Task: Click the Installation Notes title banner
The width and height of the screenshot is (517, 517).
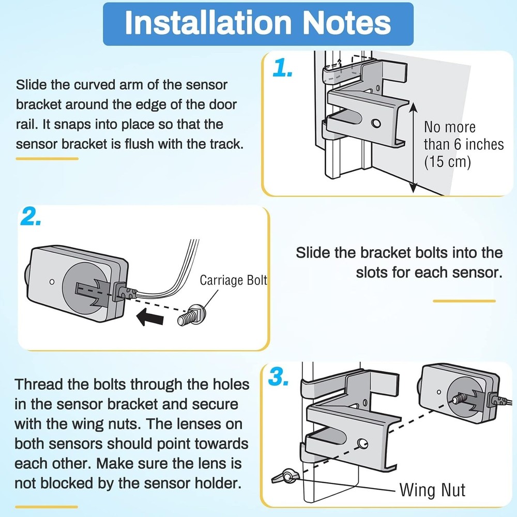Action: tap(258, 24)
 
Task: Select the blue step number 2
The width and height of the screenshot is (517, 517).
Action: tap(32, 218)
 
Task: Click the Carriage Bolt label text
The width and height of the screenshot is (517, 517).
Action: tap(234, 280)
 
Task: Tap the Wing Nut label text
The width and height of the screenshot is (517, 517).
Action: tap(432, 490)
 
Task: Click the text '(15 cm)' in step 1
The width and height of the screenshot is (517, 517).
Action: tap(447, 162)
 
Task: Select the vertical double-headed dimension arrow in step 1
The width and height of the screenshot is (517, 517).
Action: tap(413, 147)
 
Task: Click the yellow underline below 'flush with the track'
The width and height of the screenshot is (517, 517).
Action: tap(47, 159)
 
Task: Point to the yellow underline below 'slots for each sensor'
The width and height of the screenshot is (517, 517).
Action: tap(464, 301)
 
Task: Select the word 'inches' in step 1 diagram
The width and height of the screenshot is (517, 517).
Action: tap(480, 144)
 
